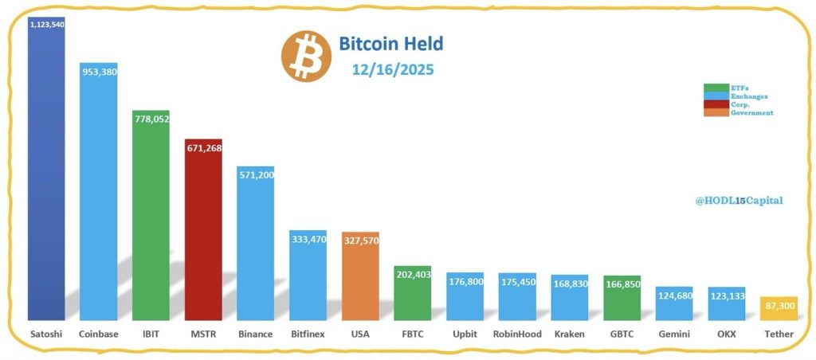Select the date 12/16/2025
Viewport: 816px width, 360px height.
pos(393,69)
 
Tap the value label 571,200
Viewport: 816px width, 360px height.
pos(256,174)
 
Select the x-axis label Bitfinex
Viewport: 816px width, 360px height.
pos(308,334)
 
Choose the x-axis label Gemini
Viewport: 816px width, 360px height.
pos(673,334)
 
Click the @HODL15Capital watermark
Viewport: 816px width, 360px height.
pos(737,201)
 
